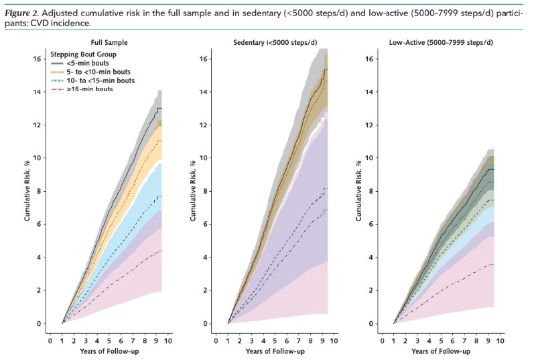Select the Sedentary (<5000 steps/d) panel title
click(275, 43)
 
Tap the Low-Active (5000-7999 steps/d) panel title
click(440, 43)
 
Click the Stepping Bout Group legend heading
click(84, 53)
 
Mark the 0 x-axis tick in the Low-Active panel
click(382, 341)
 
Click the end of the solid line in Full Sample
click(161, 108)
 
